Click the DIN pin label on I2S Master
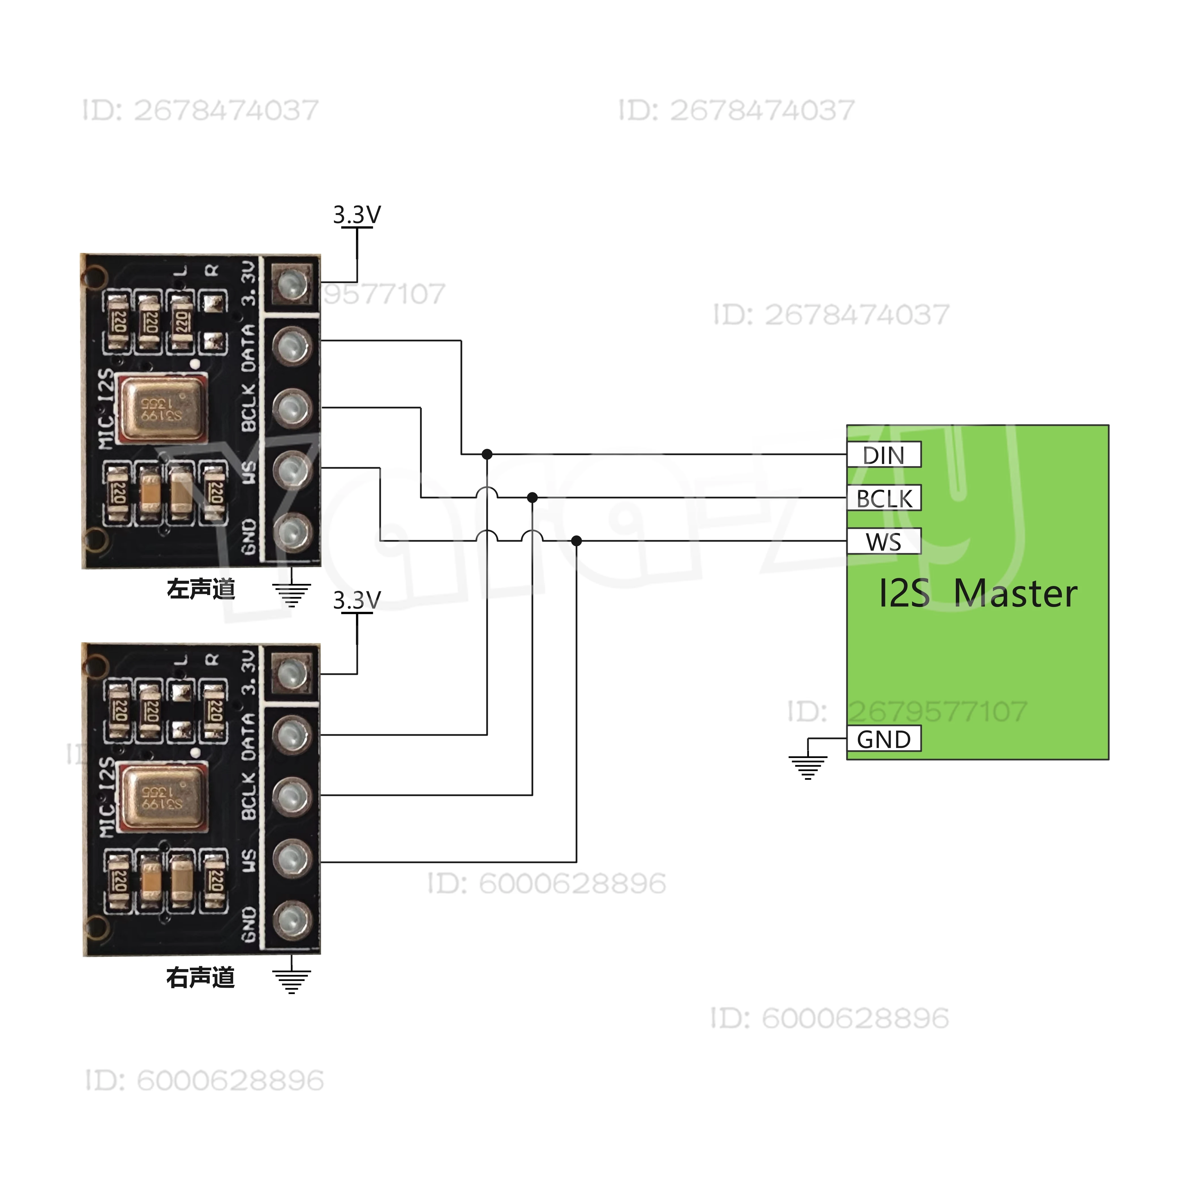(x=884, y=455)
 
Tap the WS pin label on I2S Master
(x=884, y=542)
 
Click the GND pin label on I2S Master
(x=884, y=739)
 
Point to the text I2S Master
(x=978, y=594)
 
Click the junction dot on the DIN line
(x=487, y=454)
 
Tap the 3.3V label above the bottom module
(x=356, y=600)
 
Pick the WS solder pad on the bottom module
(x=292, y=859)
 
